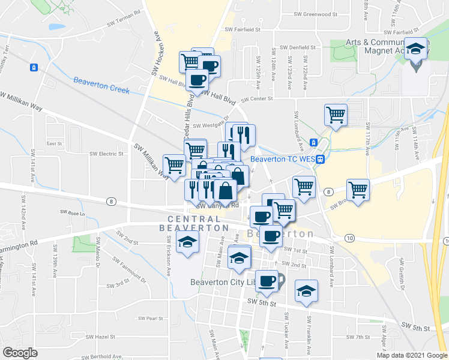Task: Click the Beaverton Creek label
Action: (x=101, y=85)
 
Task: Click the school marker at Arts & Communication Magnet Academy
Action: (x=415, y=50)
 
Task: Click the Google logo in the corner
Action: (x=20, y=353)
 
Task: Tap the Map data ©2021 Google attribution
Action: (x=411, y=355)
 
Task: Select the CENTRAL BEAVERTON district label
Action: (x=194, y=223)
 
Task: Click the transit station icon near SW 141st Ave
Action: (x=35, y=67)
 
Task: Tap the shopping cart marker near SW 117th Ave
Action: (x=358, y=190)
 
